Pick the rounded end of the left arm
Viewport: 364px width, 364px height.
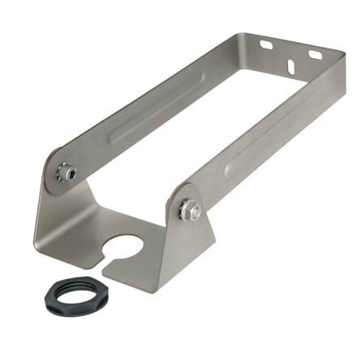tap(53, 166)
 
